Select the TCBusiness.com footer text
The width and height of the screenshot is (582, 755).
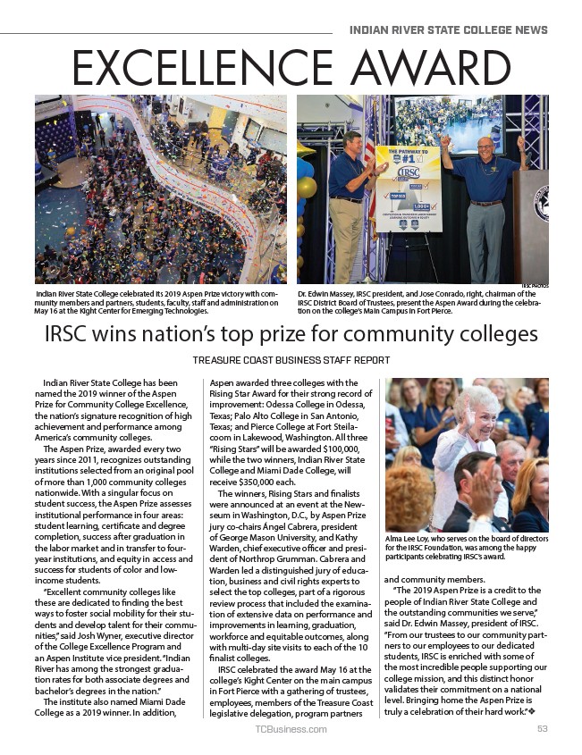pyautogui.click(x=291, y=729)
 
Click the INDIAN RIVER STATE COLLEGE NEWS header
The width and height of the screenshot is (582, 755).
pyautogui.click(x=448, y=29)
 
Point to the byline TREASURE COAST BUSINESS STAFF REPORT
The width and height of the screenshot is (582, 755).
pyautogui.click(x=291, y=360)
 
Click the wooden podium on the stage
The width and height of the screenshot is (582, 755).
pyautogui.click(x=530, y=223)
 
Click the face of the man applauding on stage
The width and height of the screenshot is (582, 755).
pyautogui.click(x=350, y=143)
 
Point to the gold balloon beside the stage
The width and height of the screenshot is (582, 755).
pyautogui.click(x=308, y=188)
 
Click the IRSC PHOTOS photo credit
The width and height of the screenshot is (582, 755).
pyautogui.click(x=535, y=285)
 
